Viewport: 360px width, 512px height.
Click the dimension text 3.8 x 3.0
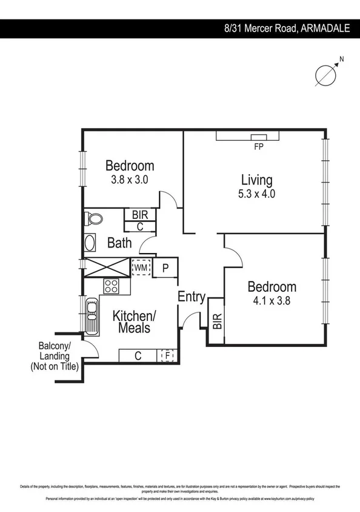coord(130,180)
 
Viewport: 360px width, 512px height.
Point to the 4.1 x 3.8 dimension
coord(272,300)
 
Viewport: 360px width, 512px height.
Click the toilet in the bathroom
coord(92,218)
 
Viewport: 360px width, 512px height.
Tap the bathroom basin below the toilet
coord(90,244)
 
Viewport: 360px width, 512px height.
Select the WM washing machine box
coord(141,267)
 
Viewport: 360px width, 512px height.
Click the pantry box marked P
coord(164,268)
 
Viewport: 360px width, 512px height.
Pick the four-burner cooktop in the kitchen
coord(112,286)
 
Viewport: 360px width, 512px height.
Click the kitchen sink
coord(92,315)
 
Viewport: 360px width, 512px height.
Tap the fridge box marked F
coord(167,356)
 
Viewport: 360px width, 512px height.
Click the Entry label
coord(192,297)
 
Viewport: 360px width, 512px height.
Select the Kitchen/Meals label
coord(135,322)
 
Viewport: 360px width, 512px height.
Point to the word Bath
coord(119,243)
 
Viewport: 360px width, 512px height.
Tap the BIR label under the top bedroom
coord(140,214)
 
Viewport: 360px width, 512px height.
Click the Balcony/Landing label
coord(55,356)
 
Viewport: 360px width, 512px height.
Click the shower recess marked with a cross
coord(105,268)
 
